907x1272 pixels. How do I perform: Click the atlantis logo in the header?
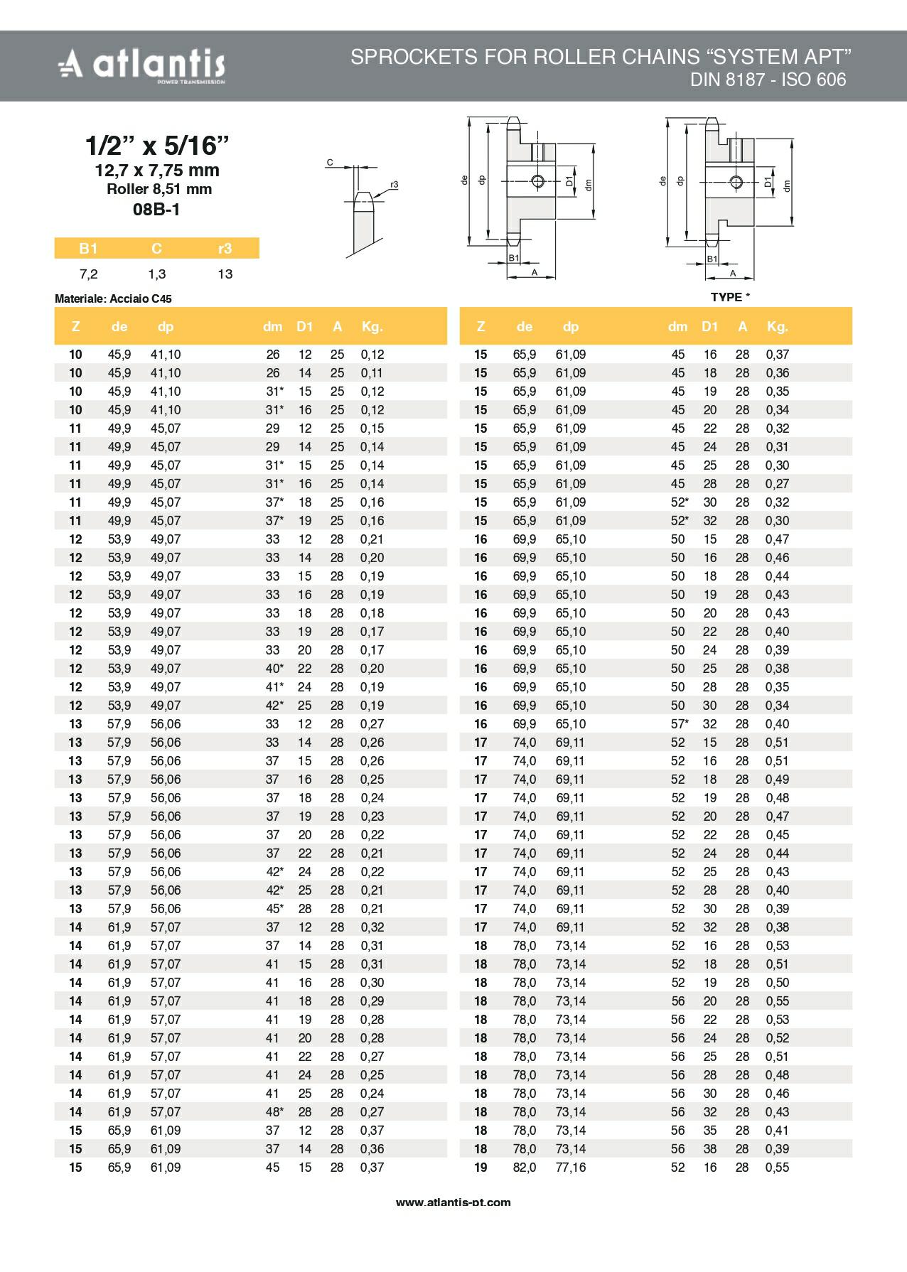[x=141, y=66]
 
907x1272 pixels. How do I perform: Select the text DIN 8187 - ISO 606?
[x=768, y=80]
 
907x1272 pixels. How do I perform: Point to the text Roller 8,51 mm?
[x=159, y=189]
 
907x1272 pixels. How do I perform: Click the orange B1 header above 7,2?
[x=88, y=248]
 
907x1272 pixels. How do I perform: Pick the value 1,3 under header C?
[x=156, y=274]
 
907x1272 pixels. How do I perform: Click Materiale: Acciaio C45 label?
[x=113, y=299]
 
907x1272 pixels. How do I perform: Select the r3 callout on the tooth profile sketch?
[x=395, y=185]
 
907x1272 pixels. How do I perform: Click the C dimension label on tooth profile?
[x=330, y=163]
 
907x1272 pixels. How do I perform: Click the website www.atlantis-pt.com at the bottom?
[x=453, y=1202]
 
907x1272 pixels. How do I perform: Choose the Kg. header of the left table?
[x=372, y=327]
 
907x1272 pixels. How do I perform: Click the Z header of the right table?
[x=481, y=327]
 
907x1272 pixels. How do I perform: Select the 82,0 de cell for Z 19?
[x=525, y=1167]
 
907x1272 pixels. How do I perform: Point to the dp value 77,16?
[x=571, y=1167]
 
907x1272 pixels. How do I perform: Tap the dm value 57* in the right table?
[x=680, y=723]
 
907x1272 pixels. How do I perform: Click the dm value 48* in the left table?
[x=274, y=1111]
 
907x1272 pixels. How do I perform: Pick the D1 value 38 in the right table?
[x=710, y=1148]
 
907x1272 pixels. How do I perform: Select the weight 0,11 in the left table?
[x=372, y=373]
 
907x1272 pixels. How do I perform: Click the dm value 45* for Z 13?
[x=274, y=908]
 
